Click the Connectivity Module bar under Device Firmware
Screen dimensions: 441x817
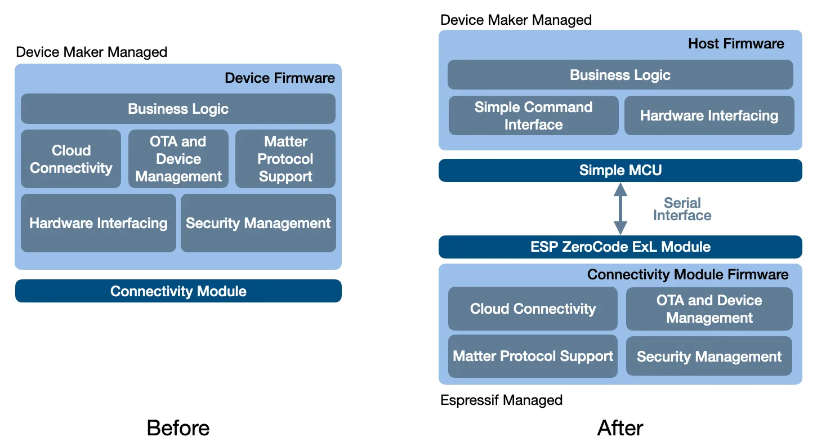pyautogui.click(x=178, y=291)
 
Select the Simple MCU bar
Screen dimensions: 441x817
pyautogui.click(x=620, y=170)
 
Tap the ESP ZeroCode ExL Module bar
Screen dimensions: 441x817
pyautogui.click(x=620, y=247)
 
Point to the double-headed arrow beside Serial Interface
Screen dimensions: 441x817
pyautogui.click(x=620, y=208)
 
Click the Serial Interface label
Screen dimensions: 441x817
pyautogui.click(x=682, y=209)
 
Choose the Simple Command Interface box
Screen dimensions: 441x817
pyautogui.click(x=533, y=115)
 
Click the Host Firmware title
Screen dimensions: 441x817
pyautogui.click(x=736, y=44)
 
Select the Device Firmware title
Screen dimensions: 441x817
pyautogui.click(x=280, y=78)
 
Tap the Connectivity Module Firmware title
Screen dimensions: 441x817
pyautogui.click(x=687, y=274)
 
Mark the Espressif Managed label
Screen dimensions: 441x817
pyautogui.click(x=501, y=400)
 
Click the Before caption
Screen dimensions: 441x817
pyautogui.click(x=178, y=427)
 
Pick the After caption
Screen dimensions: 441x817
pyautogui.click(x=620, y=427)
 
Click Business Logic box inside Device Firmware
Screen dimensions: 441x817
pyautogui.click(x=178, y=109)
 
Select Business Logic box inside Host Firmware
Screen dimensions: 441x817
pyautogui.click(x=620, y=75)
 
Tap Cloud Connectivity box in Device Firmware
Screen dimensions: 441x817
pyautogui.click(x=71, y=159)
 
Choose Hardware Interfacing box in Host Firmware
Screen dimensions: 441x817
pyautogui.click(x=709, y=115)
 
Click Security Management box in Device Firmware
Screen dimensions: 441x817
pyautogui.click(x=258, y=223)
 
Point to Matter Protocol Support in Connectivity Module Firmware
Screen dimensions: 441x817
pyautogui.click(x=533, y=356)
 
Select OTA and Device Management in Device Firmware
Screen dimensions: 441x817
pyautogui.click(x=178, y=159)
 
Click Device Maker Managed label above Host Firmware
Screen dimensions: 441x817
pyautogui.click(x=516, y=20)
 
